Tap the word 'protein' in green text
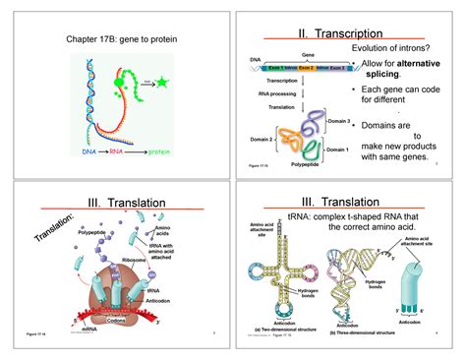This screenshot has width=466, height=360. [x=163, y=152]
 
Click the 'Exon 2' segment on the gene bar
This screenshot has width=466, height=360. [x=306, y=68]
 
